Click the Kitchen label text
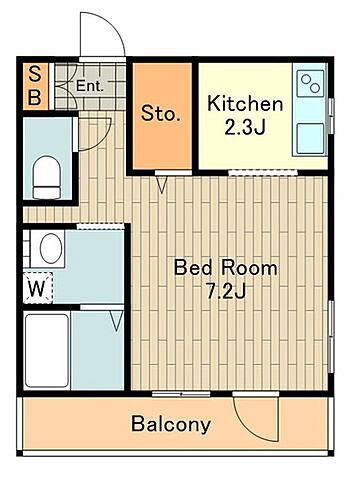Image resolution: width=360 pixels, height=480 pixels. [x=245, y=104]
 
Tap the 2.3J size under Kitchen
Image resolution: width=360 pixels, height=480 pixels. [x=245, y=127]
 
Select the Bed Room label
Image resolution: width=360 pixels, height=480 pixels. [x=226, y=268]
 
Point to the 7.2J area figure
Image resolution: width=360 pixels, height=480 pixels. [x=226, y=291]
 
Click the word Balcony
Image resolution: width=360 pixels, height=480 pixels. [x=171, y=424]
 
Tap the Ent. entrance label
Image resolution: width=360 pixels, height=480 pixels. [x=90, y=86]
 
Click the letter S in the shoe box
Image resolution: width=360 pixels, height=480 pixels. [x=35, y=74]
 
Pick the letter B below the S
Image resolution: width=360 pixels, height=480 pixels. [x=35, y=97]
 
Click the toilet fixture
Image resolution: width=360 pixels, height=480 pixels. [x=47, y=177]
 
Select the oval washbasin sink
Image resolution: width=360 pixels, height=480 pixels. [x=51, y=249]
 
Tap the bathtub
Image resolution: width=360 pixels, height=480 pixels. [x=47, y=351]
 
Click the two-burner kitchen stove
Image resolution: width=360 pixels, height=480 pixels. [x=311, y=83]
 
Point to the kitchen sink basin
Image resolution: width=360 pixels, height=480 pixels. [x=310, y=139]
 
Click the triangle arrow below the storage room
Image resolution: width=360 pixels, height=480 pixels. [x=162, y=185]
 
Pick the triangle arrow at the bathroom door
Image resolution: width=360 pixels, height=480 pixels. [x=116, y=321]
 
